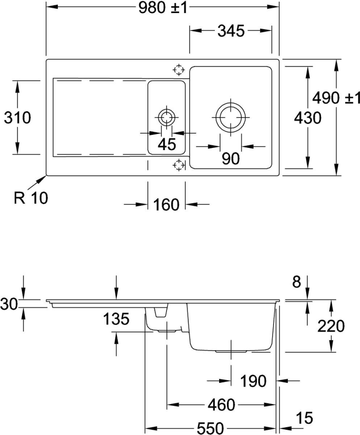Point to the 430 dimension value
pos(307,117)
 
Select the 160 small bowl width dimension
pos(167,205)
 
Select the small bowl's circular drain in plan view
pos(167,117)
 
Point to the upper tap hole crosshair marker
pos(178,70)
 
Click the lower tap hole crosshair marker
pos(178,165)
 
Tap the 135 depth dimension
pos(117,320)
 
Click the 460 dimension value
pos(222,404)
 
